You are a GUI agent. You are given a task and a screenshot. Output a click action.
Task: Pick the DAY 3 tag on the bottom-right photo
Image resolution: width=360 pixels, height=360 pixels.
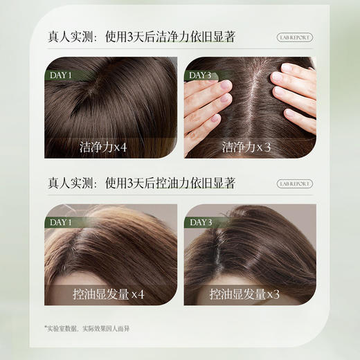point(200,222)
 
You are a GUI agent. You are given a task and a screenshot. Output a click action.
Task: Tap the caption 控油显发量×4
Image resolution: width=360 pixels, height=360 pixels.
point(109,294)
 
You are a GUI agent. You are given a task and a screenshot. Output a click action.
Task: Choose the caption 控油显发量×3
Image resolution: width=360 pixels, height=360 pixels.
point(250,294)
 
